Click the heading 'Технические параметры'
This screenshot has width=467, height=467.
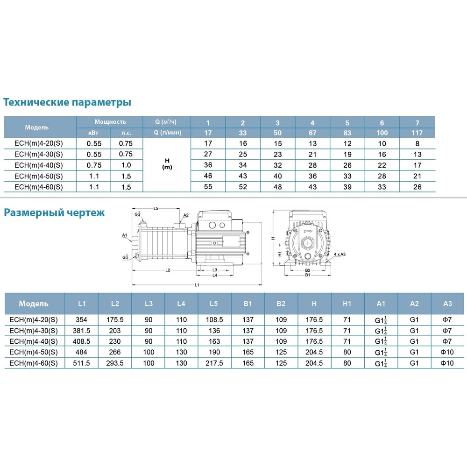coord(67,102)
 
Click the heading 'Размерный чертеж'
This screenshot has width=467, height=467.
coord(54,212)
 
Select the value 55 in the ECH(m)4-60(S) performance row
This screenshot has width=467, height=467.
coord(208,187)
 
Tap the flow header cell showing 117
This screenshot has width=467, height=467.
coord(417,133)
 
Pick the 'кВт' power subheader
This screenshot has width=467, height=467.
coord(93,133)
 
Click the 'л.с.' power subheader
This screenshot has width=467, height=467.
coord(126,133)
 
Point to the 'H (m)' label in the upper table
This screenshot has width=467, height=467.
coord(167,164)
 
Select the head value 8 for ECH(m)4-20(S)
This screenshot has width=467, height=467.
coord(417,143)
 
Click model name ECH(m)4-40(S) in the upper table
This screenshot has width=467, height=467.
coord(39,165)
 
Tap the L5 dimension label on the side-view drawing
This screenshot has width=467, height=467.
coord(156,208)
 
